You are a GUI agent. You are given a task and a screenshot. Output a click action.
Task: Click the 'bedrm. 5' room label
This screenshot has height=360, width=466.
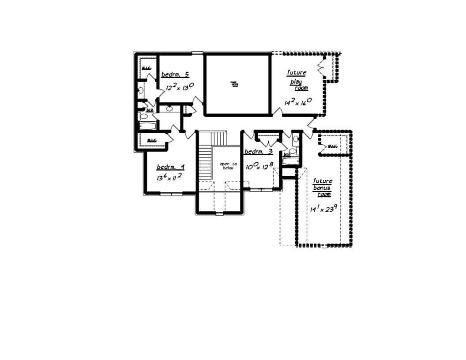tap(175, 75)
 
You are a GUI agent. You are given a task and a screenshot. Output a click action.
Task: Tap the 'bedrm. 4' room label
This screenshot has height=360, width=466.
tap(171, 167)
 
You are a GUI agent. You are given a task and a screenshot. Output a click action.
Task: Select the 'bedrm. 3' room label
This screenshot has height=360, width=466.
tap(259, 151)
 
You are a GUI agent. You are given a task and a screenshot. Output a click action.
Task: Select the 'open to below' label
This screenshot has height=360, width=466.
tap(228, 165)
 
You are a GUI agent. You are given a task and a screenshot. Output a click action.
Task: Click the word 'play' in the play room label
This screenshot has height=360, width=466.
tap(296, 82)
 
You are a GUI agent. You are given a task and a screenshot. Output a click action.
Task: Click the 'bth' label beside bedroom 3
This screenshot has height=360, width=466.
tap(287, 154)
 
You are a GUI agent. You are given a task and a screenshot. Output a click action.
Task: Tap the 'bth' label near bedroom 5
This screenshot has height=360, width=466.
tap(150, 110)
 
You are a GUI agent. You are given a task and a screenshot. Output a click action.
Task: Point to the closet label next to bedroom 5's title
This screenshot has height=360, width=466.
tap(146, 68)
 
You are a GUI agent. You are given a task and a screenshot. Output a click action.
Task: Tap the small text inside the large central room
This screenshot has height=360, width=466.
tap(234, 84)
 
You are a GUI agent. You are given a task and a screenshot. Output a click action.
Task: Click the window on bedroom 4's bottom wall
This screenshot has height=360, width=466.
tap(171, 193)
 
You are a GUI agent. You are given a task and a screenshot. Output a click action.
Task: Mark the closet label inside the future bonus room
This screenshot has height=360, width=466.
tap(333, 146)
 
